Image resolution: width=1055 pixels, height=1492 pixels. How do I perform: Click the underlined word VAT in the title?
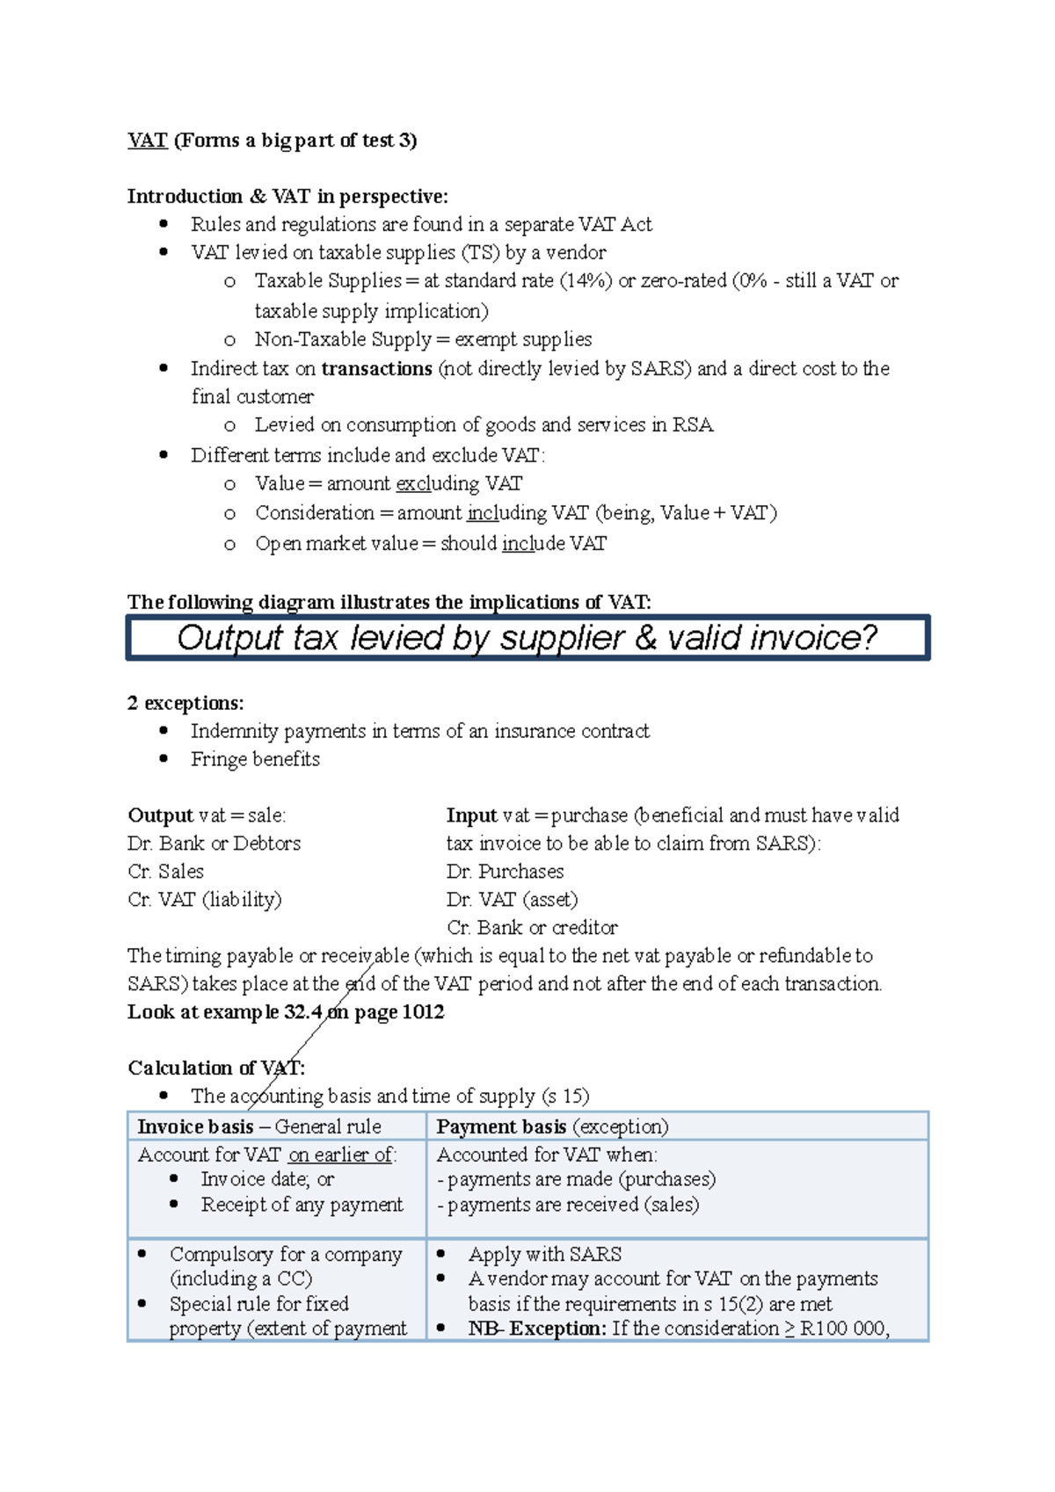(147, 141)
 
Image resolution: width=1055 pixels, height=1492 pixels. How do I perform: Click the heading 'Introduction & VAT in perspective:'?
(287, 196)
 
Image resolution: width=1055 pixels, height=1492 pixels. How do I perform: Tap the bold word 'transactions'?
(376, 369)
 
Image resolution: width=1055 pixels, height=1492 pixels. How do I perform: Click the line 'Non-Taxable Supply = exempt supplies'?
(423, 340)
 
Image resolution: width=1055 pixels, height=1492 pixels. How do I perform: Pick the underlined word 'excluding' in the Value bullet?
(437, 484)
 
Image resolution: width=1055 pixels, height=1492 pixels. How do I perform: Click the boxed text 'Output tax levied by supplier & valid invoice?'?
(527, 638)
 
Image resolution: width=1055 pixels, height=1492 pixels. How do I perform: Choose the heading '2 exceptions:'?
(186, 703)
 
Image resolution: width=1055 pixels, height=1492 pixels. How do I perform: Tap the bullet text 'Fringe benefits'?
(255, 759)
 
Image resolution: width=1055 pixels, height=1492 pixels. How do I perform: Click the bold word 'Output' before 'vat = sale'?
(160, 815)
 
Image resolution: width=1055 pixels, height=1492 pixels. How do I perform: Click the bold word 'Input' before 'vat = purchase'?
(471, 815)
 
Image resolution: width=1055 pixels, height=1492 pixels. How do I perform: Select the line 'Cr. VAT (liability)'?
(204, 900)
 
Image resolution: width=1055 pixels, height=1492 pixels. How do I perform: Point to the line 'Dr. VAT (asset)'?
(512, 900)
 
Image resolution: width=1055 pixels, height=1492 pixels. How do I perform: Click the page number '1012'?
(423, 1012)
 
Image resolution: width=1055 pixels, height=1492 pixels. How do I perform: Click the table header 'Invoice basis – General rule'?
(259, 1126)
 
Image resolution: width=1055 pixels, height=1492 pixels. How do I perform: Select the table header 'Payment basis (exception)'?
(552, 1126)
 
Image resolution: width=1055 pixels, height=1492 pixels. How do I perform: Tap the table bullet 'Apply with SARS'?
(544, 1255)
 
